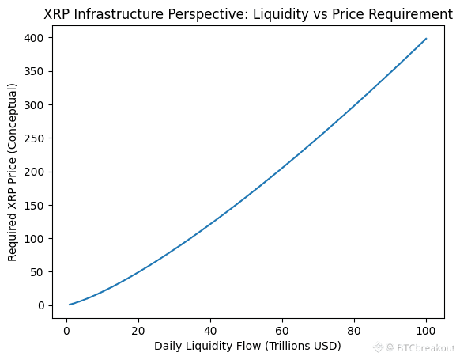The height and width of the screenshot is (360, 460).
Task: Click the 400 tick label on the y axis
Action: click(34, 38)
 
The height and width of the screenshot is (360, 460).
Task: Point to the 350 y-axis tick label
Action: click(34, 71)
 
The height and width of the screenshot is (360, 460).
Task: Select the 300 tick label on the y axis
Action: click(34, 104)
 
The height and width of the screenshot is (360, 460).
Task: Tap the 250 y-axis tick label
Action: click(34, 138)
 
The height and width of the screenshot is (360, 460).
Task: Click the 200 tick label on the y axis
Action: click(34, 172)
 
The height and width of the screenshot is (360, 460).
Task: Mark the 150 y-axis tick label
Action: click(34, 205)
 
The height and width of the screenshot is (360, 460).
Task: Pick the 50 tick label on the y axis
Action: click(37, 272)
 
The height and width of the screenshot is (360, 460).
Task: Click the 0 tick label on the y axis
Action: click(41, 305)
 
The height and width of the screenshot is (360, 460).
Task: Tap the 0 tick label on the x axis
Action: click(66, 332)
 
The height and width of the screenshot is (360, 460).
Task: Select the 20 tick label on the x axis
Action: click(138, 332)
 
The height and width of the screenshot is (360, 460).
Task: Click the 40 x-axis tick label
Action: click(210, 332)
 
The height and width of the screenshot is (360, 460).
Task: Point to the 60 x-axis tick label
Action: click(282, 332)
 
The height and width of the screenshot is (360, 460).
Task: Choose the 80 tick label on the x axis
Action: click(354, 332)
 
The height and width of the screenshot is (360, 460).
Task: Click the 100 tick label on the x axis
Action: click(426, 332)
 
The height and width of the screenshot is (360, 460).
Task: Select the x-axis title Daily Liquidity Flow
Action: click(208, 347)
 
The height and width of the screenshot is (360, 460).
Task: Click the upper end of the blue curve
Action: click(426, 39)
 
